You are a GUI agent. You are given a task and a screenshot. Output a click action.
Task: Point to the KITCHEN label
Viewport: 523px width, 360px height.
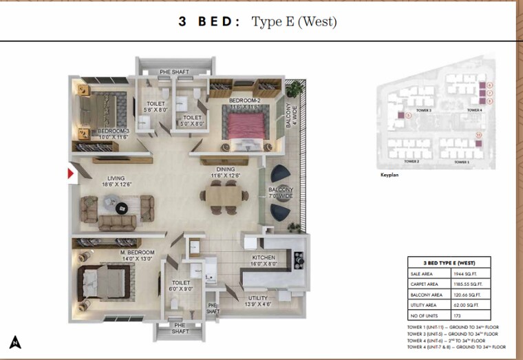pyautogui.click(x=263, y=259)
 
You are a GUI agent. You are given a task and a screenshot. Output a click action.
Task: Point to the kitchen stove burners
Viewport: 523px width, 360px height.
pyautogui.click(x=299, y=260)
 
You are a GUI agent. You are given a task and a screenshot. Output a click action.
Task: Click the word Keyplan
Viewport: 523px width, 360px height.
pyautogui.click(x=389, y=175)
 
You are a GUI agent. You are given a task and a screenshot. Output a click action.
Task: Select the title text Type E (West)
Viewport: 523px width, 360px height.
pyautogui.click(x=294, y=22)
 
